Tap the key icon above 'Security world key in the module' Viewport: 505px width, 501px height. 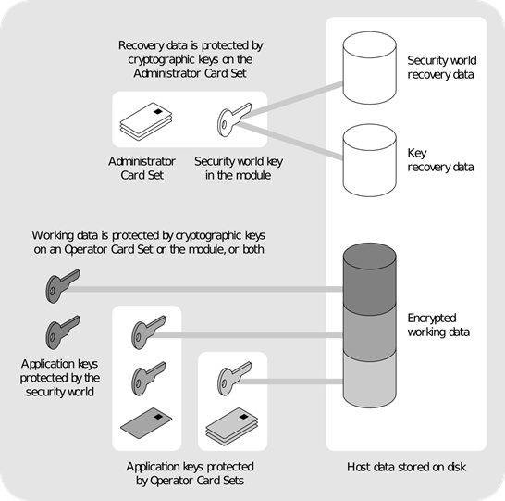(230, 120)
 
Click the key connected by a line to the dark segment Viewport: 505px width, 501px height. (61, 287)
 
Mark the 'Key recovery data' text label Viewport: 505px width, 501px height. (440, 160)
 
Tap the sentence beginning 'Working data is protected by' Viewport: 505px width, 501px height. (160, 243)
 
